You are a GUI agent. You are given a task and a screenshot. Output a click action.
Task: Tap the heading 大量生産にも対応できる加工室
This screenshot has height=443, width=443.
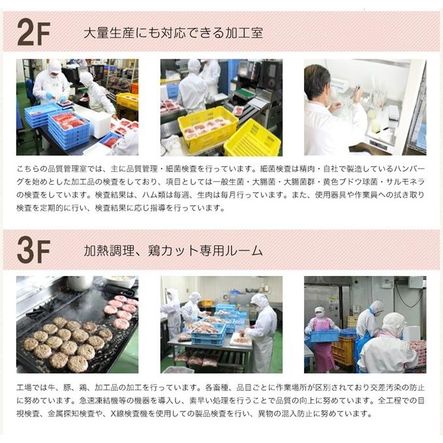click(x=174, y=33)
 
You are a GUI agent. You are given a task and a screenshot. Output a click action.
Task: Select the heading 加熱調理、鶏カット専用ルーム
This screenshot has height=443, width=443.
click(x=174, y=251)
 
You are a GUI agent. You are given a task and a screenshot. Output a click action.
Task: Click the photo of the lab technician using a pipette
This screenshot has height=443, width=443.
click(x=365, y=107)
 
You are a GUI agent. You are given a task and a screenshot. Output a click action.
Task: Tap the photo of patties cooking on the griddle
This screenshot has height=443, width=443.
click(x=77, y=324)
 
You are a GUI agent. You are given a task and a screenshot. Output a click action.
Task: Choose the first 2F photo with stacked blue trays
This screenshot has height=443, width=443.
click(x=77, y=107)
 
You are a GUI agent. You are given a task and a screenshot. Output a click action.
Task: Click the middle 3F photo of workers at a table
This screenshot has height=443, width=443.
click(x=221, y=324)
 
